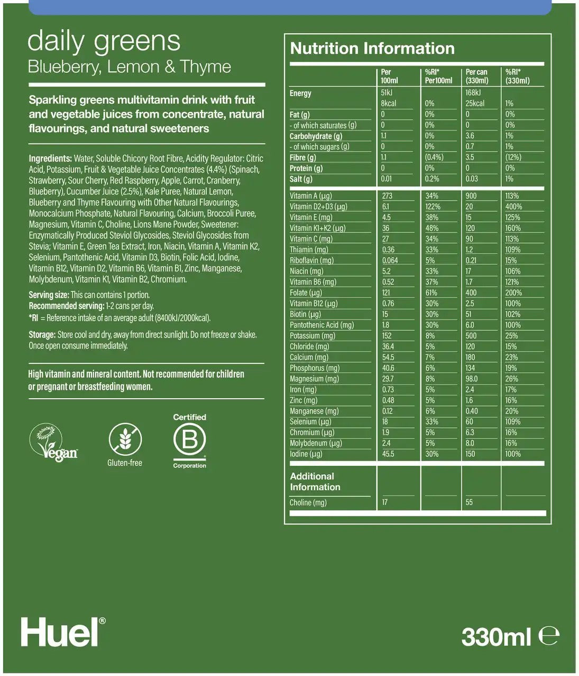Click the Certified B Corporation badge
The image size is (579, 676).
pos(189,440)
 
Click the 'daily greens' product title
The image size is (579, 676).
pos(104,41)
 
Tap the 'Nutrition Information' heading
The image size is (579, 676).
pos(372,49)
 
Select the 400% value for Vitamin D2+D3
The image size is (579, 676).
pos(513,206)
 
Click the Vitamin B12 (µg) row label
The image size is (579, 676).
pos(314,304)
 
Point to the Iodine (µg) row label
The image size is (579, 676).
pos(306,454)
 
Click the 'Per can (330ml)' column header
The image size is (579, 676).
pos(476,76)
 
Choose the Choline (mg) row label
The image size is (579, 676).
pos(308,502)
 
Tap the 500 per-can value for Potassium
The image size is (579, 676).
pos(471,336)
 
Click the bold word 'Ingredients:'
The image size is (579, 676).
pos(50,158)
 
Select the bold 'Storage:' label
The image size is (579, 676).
pos(42,335)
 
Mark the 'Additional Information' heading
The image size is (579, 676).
pos(315,482)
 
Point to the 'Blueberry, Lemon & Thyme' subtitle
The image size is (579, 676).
pos(129,67)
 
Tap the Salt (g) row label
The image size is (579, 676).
pos(301,179)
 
